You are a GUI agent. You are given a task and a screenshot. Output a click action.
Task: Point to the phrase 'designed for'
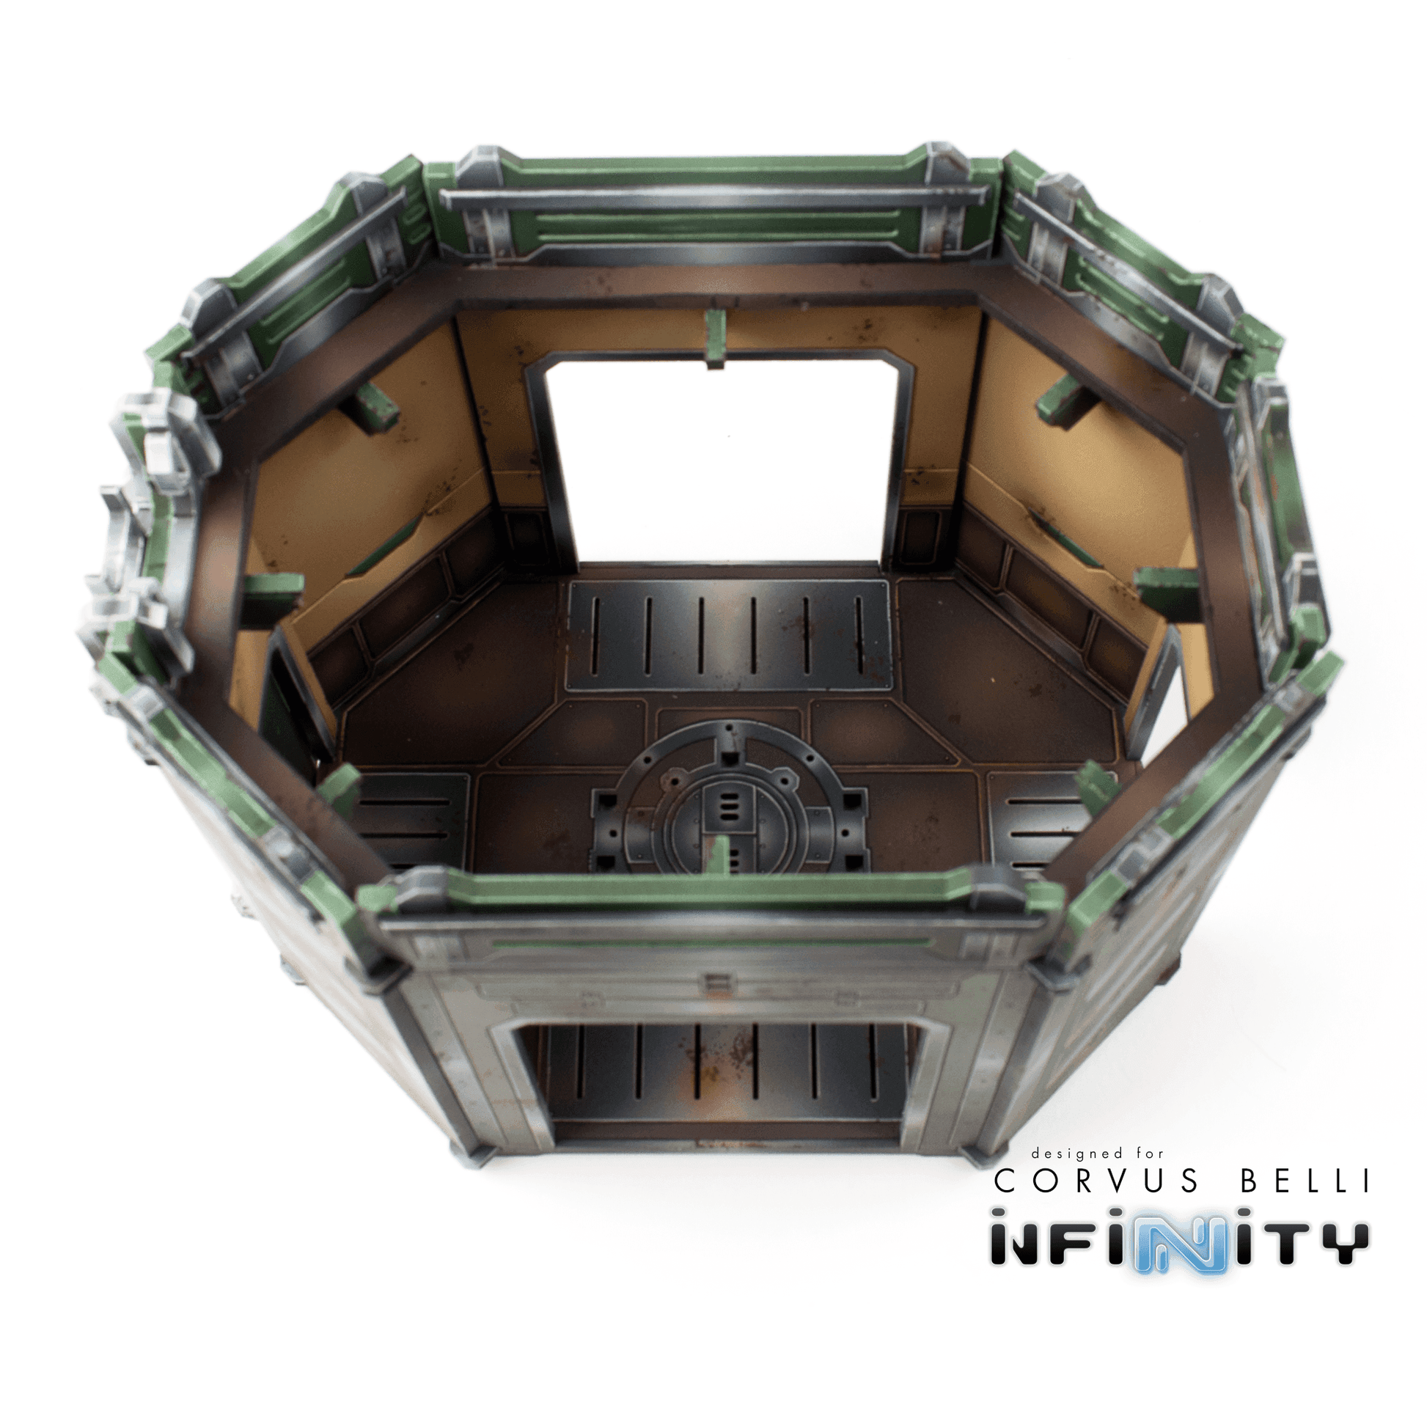(x=1098, y=1153)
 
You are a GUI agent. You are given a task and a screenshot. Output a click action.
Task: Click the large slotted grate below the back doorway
(x=730, y=635)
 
